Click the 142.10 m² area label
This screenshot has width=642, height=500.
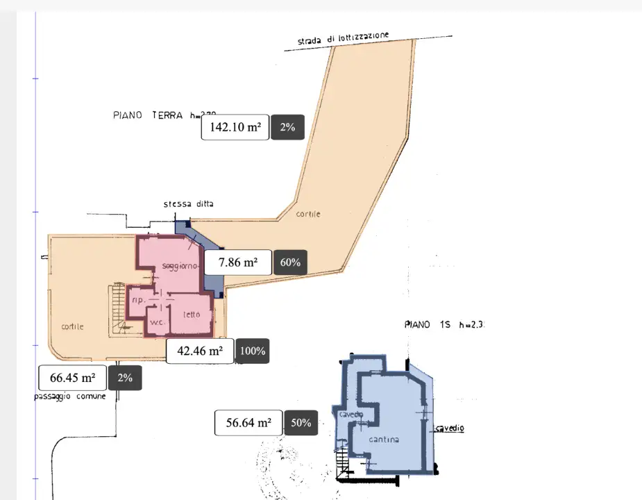(235, 127)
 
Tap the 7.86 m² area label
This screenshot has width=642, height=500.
(238, 262)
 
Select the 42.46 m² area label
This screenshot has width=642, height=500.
(200, 351)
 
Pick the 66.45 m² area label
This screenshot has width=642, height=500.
(73, 378)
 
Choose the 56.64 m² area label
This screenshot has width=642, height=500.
(248, 422)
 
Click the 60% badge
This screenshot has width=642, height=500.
(291, 262)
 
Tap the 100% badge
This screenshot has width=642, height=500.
(253, 351)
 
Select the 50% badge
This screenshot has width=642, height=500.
(301, 422)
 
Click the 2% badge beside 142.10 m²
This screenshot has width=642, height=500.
(287, 127)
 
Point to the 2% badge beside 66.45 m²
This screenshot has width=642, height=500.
(125, 378)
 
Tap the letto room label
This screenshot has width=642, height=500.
(192, 315)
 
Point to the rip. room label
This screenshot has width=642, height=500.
(137, 300)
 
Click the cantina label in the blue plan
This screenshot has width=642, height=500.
(384, 440)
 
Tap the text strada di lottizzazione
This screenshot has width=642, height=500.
(344, 39)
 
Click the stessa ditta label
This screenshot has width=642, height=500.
(189, 204)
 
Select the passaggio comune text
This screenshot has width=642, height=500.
(70, 397)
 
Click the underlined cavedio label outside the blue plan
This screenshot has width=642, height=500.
(450, 428)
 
